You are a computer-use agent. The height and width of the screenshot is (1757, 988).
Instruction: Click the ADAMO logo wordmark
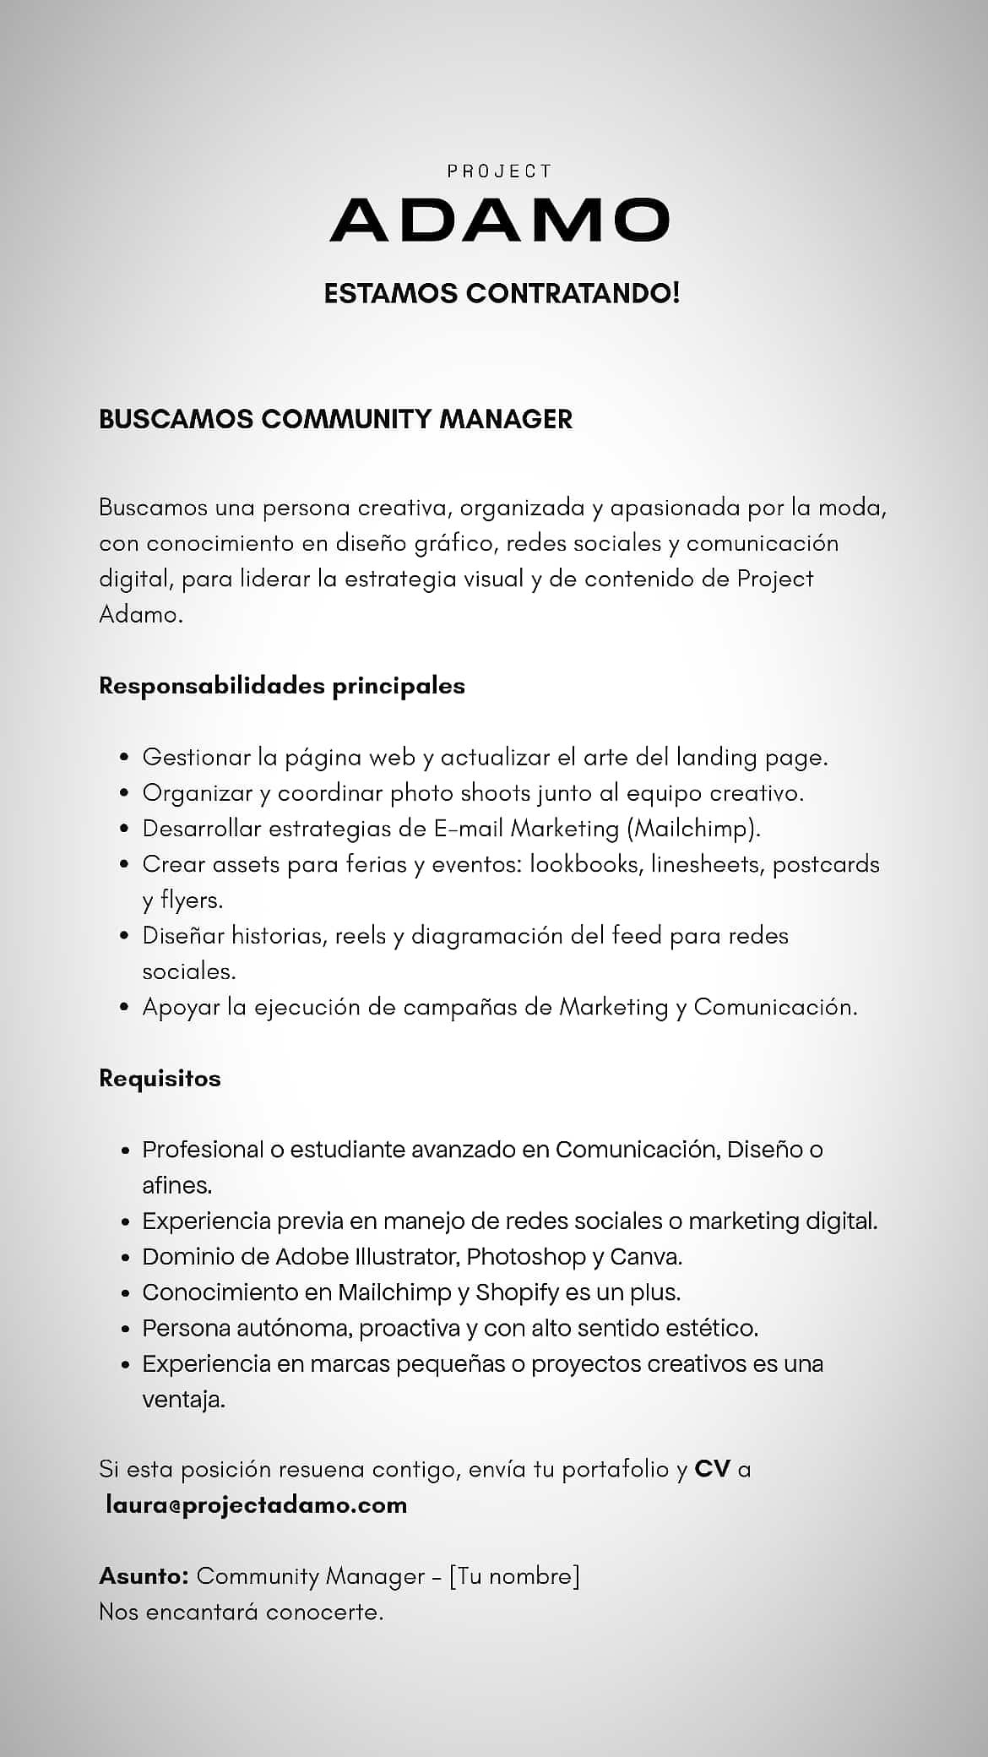[499, 220]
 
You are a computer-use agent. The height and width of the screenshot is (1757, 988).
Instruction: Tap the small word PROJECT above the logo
[499, 171]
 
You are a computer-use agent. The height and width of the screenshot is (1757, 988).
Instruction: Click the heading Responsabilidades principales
[282, 685]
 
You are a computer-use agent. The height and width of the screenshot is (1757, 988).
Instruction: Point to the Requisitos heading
[160, 1078]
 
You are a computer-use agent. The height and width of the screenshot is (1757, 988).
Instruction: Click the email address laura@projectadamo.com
[257, 1504]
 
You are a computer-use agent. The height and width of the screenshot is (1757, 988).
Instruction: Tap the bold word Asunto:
[144, 1575]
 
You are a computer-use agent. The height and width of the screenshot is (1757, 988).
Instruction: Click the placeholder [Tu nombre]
[514, 1575]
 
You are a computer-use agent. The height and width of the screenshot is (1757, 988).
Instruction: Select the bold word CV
[712, 1469]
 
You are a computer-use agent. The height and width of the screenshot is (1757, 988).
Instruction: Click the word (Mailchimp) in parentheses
[693, 829]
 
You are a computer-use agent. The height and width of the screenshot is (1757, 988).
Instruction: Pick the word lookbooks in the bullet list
[584, 864]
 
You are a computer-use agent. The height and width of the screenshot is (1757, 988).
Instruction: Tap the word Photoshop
[526, 1256]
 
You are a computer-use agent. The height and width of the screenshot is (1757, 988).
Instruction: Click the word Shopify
[517, 1292]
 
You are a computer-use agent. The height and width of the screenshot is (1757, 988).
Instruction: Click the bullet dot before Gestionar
[124, 758]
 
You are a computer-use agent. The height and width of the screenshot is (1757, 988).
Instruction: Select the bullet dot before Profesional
[124, 1150]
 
